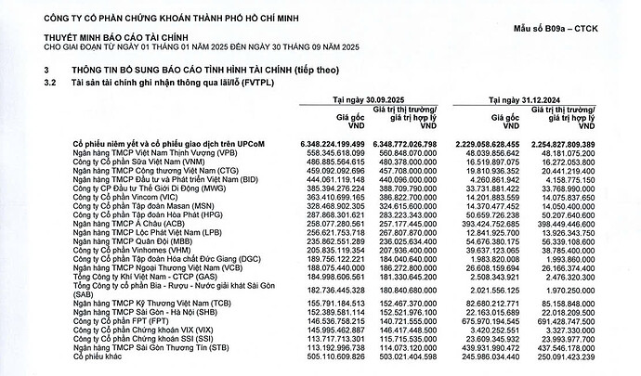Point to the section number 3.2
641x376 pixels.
[x=51, y=82]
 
